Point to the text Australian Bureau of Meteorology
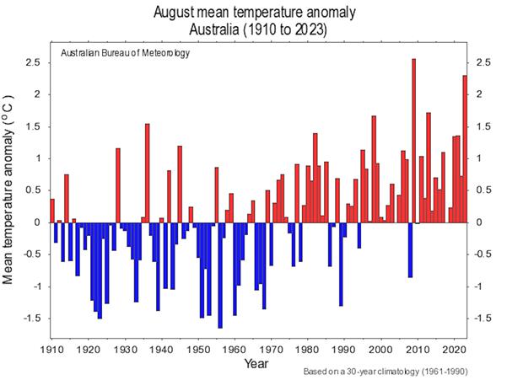tap(125, 53)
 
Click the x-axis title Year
tap(257, 363)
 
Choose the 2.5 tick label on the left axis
tap(33, 62)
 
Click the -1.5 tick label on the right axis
tap(484, 318)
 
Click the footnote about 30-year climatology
tap(384, 372)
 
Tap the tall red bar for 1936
tap(147, 173)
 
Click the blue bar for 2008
tap(410, 249)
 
